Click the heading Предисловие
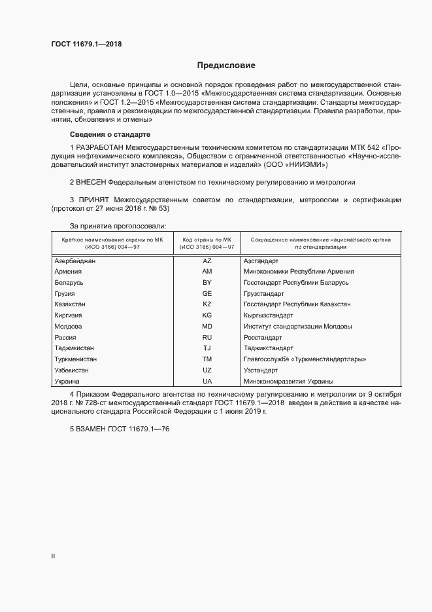(227, 65)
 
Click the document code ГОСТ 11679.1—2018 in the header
(86, 45)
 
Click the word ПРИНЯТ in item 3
(93, 199)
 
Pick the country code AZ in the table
(207, 261)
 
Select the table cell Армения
(69, 272)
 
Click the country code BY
(207, 282)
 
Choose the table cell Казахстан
(71, 304)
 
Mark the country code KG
(207, 315)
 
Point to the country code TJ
(207, 348)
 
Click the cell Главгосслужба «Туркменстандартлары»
(305, 359)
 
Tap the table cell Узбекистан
(72, 370)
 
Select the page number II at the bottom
(53, 556)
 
